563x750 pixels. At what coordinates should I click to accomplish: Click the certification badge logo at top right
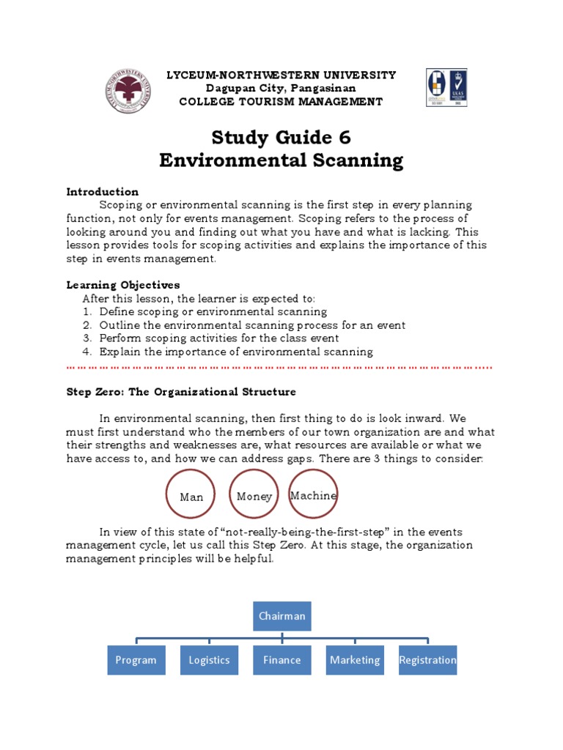446,88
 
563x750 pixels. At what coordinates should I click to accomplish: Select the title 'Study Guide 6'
281,137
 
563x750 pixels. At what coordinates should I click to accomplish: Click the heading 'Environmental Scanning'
281,160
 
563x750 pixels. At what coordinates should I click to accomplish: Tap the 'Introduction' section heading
103,192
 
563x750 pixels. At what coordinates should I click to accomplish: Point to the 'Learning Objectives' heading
123,285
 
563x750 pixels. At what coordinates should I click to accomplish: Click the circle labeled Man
191,494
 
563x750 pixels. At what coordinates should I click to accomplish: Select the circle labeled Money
254,494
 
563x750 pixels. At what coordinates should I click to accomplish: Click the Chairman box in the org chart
282,616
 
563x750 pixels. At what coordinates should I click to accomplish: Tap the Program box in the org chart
136,660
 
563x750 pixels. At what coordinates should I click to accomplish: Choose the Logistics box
210,660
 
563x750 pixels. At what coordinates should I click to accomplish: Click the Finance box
282,660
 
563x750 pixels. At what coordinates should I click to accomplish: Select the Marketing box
355,660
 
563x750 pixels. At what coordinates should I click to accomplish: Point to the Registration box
427,660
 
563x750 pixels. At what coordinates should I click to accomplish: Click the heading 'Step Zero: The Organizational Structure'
181,392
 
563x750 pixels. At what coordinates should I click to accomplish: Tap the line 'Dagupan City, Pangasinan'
281,88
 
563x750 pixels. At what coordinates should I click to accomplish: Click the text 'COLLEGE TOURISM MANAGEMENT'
281,102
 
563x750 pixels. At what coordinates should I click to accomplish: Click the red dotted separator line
279,365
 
